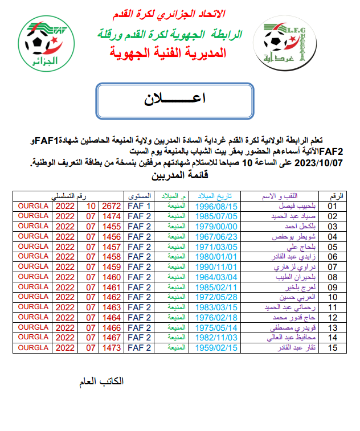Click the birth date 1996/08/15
(x=216, y=206)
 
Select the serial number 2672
(x=111, y=206)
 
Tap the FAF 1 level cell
(x=139, y=206)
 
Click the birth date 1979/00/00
(x=216, y=226)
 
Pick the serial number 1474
(x=111, y=216)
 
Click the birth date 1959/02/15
(x=216, y=347)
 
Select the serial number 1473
(x=111, y=347)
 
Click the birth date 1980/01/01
(x=216, y=256)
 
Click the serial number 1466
(x=111, y=327)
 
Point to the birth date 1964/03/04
(x=216, y=277)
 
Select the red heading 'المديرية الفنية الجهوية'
(x=168, y=54)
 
